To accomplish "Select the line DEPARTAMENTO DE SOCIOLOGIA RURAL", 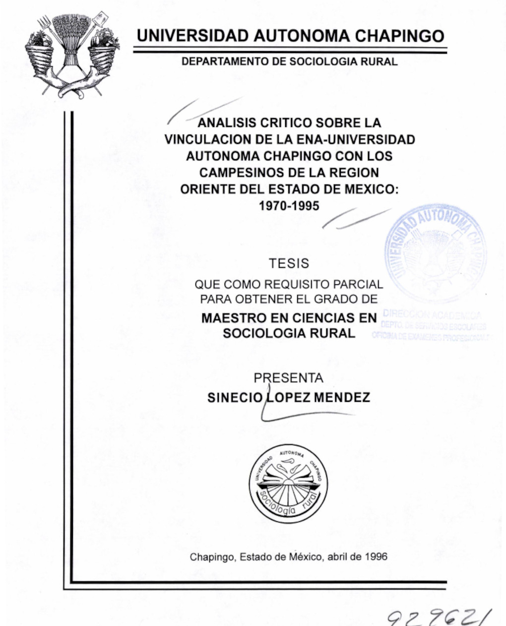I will click(x=289, y=62).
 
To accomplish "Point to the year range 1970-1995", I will click(x=289, y=205).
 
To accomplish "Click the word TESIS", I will click(x=289, y=263).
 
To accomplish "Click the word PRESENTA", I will click(x=288, y=378).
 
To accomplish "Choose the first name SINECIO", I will click(x=234, y=397).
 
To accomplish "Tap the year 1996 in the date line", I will click(x=376, y=557).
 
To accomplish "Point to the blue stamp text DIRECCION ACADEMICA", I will click(x=432, y=315).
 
